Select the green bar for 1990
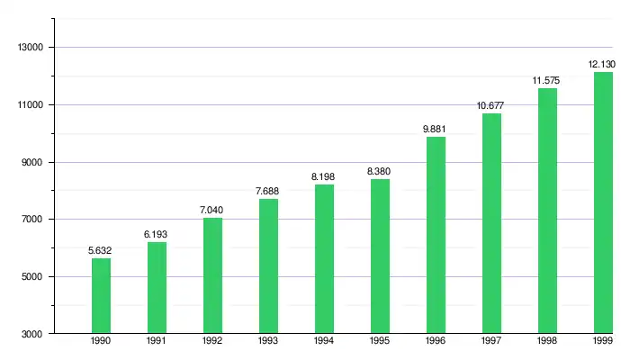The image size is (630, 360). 101,296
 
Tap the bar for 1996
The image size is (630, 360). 436,235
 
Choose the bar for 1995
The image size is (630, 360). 380,256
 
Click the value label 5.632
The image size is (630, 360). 101,251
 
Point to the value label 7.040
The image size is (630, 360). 212,211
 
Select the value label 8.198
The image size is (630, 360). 324,177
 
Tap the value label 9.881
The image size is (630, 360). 436,130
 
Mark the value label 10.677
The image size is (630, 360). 490,106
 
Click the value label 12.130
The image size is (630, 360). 602,65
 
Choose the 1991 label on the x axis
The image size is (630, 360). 157,343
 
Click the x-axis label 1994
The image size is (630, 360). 324,343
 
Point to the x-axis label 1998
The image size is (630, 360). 547,343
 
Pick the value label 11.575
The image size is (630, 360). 546,81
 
